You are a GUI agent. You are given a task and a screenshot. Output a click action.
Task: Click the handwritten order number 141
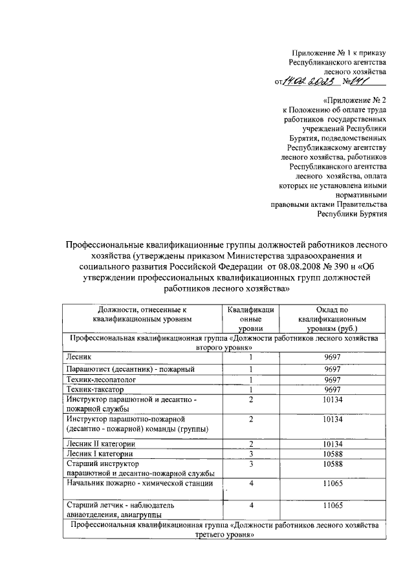coord(371,81)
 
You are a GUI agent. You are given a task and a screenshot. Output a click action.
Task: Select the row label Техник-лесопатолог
coord(100,380)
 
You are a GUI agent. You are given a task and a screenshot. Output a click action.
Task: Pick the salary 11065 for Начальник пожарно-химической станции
coord(332,482)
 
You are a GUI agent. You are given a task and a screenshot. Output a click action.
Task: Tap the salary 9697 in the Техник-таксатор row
coord(332,390)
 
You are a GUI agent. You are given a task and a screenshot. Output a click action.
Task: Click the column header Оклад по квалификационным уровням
coord(332,319)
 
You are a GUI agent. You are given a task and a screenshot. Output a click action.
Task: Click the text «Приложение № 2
coord(354,101)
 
